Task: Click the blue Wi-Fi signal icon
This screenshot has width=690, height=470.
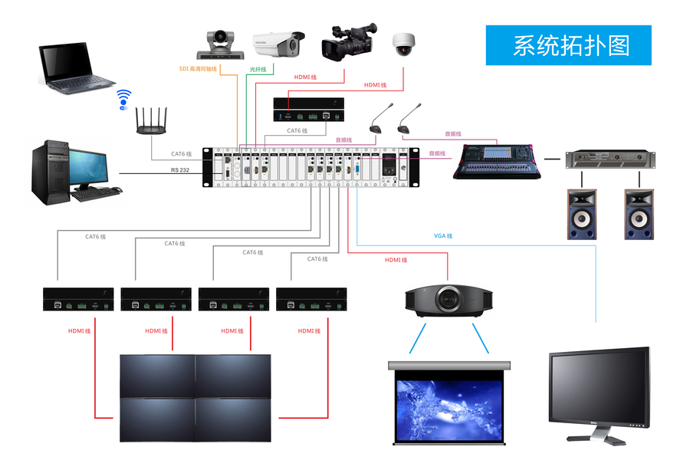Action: point(124,99)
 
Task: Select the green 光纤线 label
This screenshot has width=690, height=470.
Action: point(258,69)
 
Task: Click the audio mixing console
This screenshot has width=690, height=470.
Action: point(498,159)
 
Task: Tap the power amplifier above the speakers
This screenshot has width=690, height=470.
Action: point(610,159)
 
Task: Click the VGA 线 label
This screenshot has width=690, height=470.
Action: point(443,235)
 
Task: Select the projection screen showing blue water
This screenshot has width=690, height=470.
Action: point(449,403)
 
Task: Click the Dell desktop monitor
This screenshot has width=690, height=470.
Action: point(599,391)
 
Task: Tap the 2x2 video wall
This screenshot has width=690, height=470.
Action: point(195,397)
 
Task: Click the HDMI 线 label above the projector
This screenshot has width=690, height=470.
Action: point(396,260)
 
